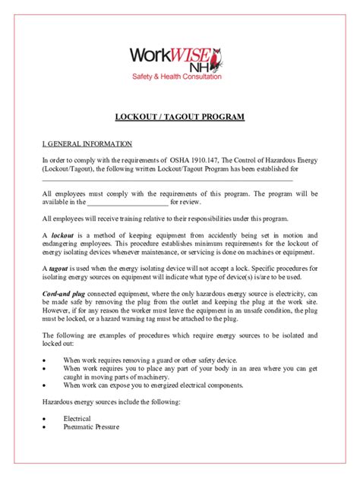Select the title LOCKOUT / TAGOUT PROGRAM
[x=180, y=118]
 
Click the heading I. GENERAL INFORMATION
[x=87, y=143]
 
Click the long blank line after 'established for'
[x=167, y=181]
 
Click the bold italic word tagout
[x=61, y=269]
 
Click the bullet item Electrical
[x=77, y=418]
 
